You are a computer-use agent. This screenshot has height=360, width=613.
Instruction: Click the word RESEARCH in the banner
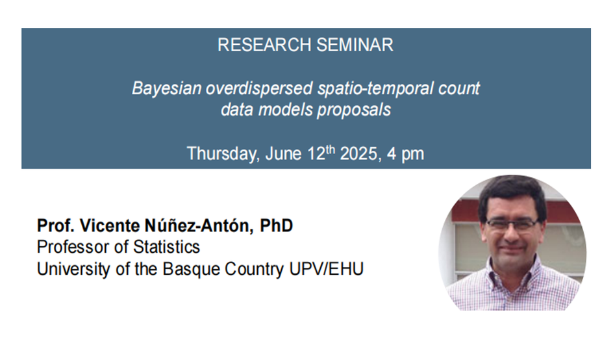coord(265,45)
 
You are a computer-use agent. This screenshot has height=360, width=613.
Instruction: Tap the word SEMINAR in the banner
coord(355,45)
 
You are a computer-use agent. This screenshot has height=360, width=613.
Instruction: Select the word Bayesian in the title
coord(167,89)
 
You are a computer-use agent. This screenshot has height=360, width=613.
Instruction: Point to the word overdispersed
coord(259,89)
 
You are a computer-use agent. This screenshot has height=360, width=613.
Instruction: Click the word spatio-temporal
coord(375,89)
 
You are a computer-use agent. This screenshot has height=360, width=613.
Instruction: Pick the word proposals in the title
coord(354,110)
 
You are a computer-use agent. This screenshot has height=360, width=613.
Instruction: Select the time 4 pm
coord(405,154)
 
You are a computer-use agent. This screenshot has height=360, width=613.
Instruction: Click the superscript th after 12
coord(331,149)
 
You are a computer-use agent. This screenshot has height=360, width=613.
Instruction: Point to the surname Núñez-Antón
coord(199,225)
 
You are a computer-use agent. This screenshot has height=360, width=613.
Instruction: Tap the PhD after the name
coord(277,225)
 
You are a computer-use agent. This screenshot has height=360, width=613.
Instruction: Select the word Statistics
coord(166,248)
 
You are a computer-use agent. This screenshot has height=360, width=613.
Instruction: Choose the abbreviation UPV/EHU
coord(327,269)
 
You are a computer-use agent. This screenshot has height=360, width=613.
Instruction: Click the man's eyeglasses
coord(512,225)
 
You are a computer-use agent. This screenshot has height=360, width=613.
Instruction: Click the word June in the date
coord(283,154)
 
